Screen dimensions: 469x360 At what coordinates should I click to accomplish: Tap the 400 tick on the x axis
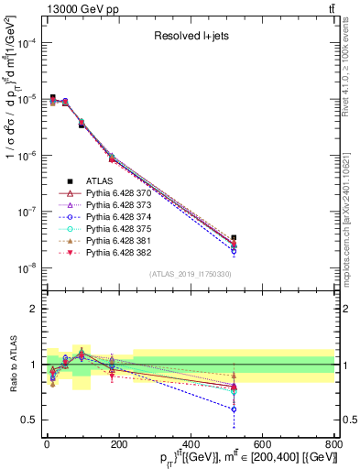(190, 444)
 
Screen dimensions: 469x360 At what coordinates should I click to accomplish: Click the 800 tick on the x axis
(333, 444)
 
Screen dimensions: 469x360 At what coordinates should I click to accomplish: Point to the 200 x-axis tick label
(118, 444)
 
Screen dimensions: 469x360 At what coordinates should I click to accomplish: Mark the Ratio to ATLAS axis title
(11, 365)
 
